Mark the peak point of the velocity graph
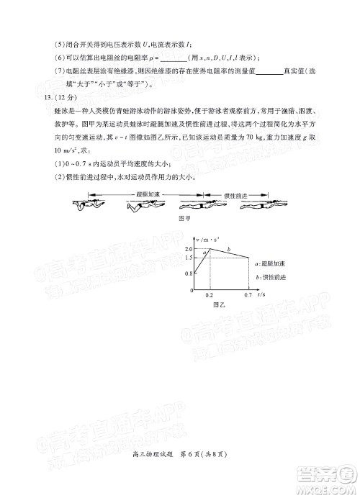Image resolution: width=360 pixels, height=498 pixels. click(x=210, y=248)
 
